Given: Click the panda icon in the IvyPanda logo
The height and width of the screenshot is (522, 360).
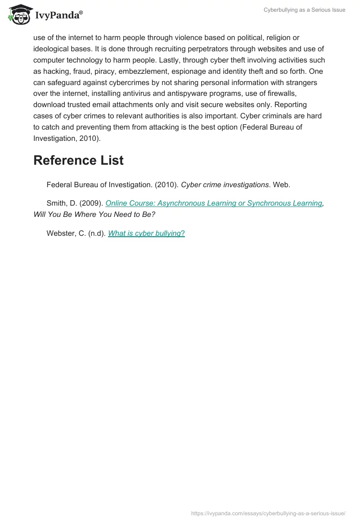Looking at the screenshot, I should [x=18, y=14].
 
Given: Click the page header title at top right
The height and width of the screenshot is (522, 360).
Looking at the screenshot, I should [x=304, y=10].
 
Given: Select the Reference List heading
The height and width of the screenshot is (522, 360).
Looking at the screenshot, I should [x=78, y=160].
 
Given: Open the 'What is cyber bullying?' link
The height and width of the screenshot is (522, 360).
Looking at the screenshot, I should [x=146, y=233].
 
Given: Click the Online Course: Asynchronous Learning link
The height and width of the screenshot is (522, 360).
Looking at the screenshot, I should [x=214, y=203].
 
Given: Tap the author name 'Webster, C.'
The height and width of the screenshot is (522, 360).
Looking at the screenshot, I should [x=66, y=233].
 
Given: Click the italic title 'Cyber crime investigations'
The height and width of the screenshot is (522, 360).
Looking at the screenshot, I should [x=225, y=184].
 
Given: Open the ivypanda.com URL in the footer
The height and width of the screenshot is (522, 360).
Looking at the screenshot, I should [x=268, y=513].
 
